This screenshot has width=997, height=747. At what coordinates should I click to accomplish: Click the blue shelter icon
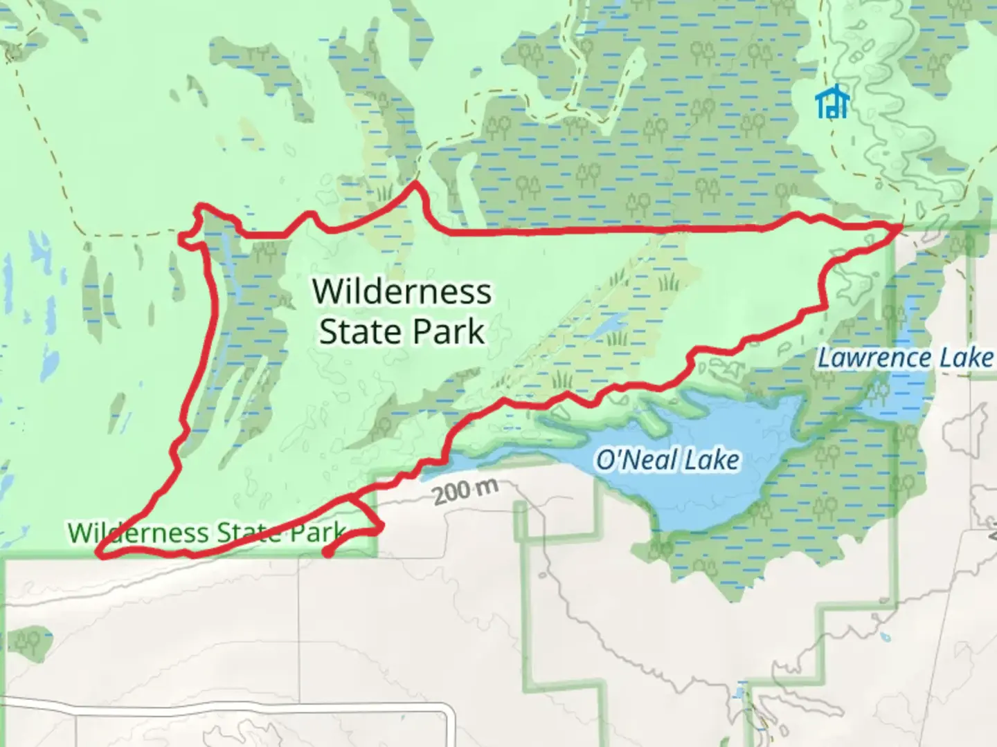(832, 102)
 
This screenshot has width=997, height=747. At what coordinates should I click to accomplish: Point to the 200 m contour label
(466, 491)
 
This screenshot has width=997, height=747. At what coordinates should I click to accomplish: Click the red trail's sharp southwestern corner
(99, 555)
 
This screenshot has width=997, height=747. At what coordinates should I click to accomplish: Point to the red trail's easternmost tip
(900, 225)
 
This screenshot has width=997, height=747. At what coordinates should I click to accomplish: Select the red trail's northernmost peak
(415, 184)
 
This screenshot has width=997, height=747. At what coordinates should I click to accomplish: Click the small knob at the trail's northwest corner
(186, 239)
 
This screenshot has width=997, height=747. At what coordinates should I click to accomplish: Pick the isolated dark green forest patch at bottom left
(30, 641)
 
